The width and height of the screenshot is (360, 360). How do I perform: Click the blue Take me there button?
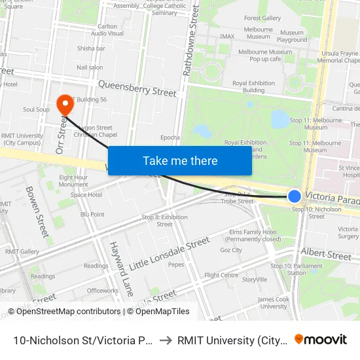click(180, 160)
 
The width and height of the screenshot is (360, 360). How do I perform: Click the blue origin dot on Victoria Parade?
click(295, 196)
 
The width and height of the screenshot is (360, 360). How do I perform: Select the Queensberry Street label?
click(137, 88)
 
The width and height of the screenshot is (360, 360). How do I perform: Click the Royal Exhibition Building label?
click(249, 86)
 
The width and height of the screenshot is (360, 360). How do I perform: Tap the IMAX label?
click(227, 37)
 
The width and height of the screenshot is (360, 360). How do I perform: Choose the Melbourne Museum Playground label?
click(292, 36)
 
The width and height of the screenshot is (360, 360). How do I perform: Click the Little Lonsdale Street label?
click(170, 255)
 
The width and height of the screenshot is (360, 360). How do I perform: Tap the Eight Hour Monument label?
click(73, 181)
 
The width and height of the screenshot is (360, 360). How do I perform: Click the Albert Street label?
click(326, 255)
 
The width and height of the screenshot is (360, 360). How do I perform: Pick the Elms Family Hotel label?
click(253, 236)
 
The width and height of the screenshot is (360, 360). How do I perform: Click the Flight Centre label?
click(221, 276)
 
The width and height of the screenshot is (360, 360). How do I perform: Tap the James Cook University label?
click(274, 302)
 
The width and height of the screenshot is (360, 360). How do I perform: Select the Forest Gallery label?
click(262, 18)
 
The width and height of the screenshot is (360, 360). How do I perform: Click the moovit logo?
click(320, 339)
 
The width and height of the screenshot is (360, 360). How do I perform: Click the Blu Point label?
click(92, 214)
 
